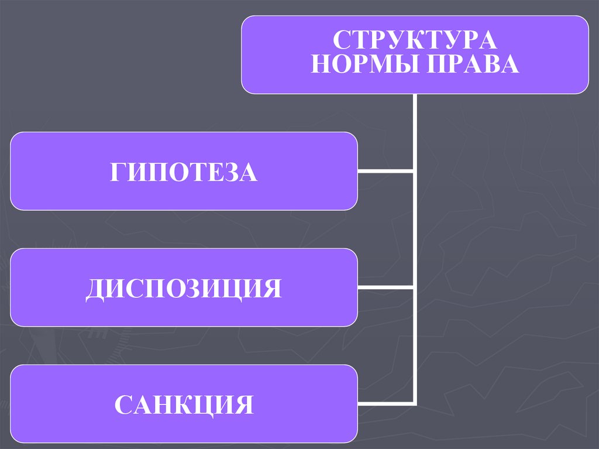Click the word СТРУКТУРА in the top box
[x=415, y=41]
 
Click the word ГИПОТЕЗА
[x=184, y=172]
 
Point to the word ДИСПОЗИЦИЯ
[x=184, y=289]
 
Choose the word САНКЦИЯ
[x=184, y=405]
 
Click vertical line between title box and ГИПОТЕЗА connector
[x=415, y=132]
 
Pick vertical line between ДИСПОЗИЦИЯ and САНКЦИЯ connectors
[x=415, y=345]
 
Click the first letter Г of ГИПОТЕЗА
[x=117, y=173]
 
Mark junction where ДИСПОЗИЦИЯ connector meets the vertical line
[x=415, y=287]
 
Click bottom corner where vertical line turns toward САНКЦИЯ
[x=415, y=404]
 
